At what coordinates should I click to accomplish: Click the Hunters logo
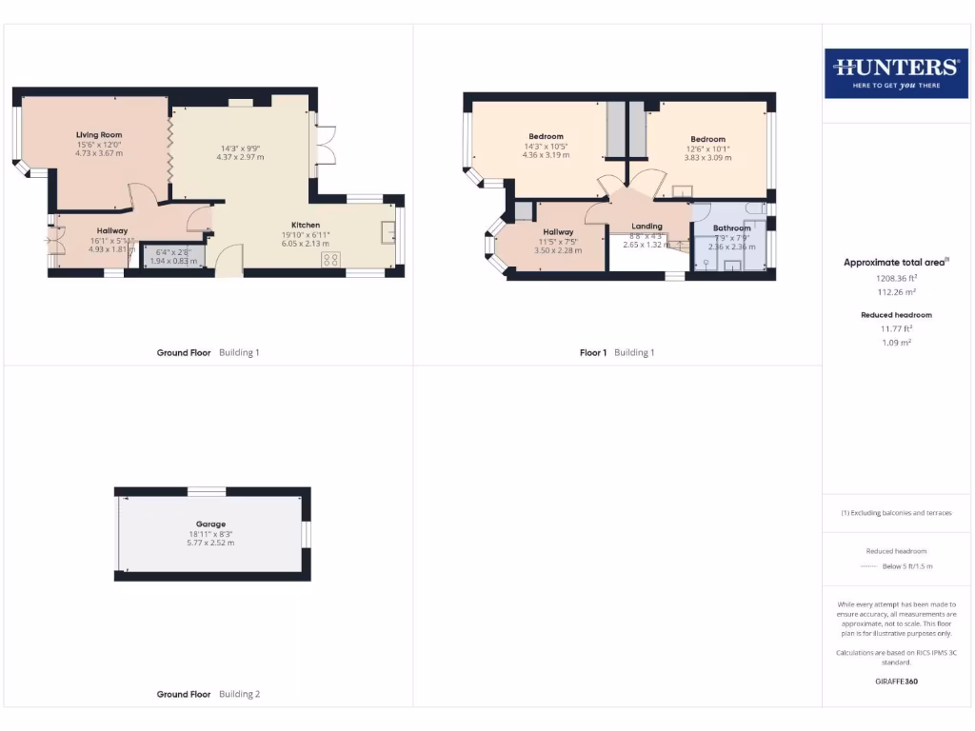pos(896,72)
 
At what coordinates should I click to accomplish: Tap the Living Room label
pos(99,135)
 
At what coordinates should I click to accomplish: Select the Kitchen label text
pos(306,225)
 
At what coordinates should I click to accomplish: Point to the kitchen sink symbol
pos(388,232)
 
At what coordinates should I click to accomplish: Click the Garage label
pos(211,524)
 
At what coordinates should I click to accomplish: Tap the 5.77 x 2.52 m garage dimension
pos(211,543)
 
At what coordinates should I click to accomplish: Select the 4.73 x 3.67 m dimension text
pos(99,153)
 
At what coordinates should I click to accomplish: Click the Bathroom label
pos(732,228)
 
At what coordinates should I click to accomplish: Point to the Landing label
pos(647,227)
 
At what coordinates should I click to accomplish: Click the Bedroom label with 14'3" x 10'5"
pos(546,137)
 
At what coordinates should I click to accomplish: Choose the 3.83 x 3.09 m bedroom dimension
pos(707,158)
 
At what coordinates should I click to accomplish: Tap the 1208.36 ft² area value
pos(896,278)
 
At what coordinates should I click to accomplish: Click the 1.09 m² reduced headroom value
pos(896,342)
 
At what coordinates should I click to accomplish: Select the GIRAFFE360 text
pos(896,682)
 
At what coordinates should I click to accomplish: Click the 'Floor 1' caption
pos(593,352)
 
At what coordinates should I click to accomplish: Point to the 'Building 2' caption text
pos(239,694)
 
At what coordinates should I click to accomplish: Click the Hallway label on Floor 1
pos(558,232)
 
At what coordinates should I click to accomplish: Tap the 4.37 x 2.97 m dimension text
pos(240,157)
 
